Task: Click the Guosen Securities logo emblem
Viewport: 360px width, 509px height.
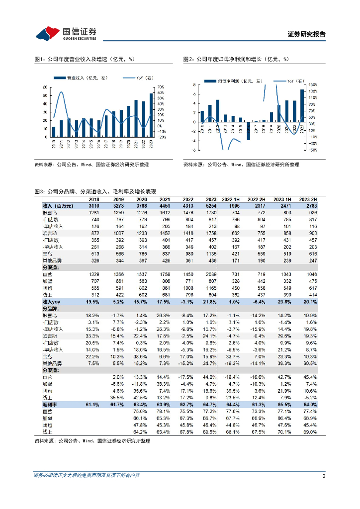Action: point(47,33)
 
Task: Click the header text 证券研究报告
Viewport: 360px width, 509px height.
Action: point(306,34)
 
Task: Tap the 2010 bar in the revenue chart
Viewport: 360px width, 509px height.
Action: point(54,132)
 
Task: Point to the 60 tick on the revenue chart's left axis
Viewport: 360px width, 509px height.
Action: point(45,87)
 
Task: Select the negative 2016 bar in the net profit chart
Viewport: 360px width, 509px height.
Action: point(248,131)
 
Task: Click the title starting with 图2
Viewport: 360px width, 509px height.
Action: point(236,59)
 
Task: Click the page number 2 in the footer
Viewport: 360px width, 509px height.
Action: point(324,476)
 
